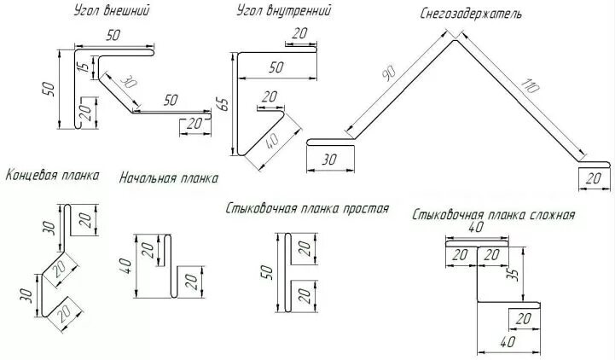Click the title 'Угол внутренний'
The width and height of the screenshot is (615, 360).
(x=283, y=12)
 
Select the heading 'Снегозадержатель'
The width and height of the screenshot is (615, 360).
(x=471, y=15)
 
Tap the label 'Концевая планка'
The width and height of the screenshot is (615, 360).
(x=52, y=175)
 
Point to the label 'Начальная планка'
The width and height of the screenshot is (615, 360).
(x=168, y=178)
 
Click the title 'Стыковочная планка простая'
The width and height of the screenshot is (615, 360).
(x=308, y=208)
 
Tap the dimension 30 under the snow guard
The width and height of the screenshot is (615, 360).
(x=328, y=159)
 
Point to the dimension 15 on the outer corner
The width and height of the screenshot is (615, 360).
(x=81, y=68)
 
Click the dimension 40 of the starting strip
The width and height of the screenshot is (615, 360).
(x=126, y=266)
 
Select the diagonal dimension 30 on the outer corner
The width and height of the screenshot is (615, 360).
(x=127, y=84)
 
